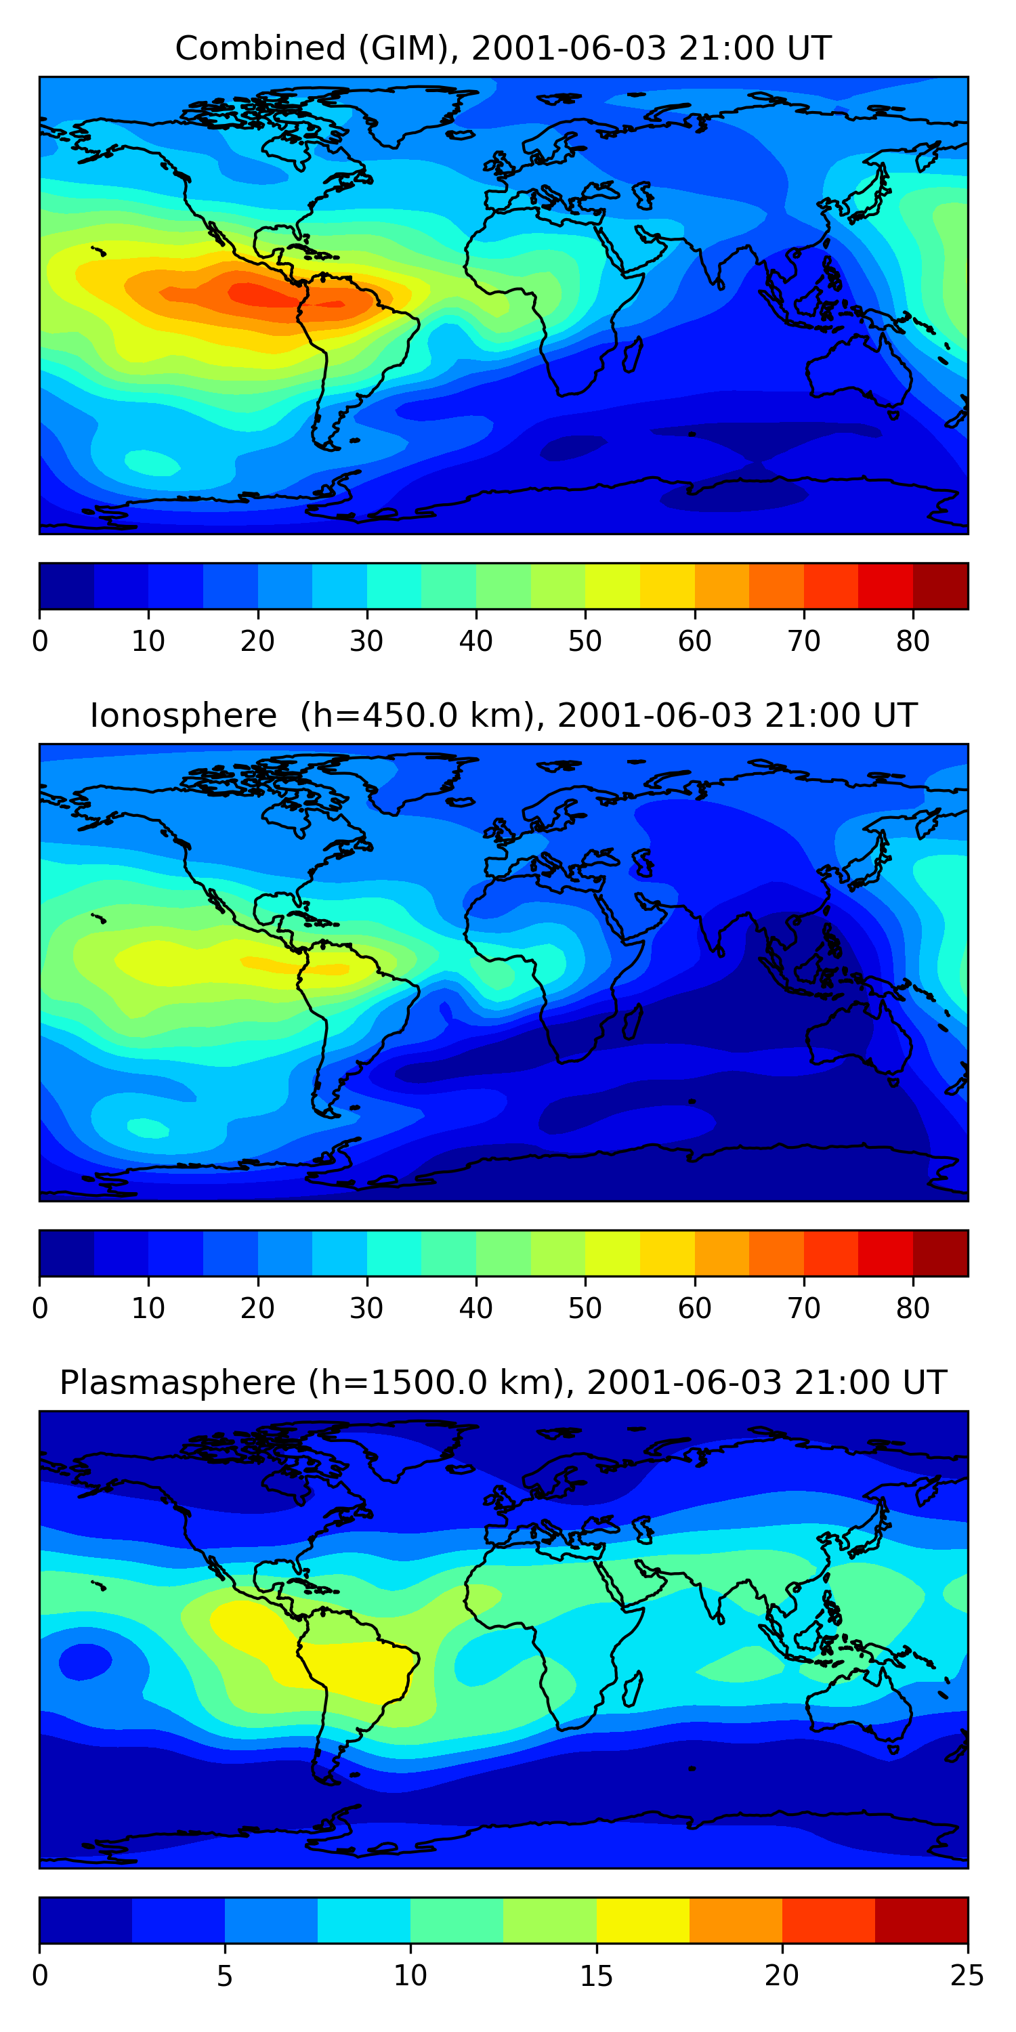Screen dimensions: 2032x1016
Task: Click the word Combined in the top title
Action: [x=260, y=49]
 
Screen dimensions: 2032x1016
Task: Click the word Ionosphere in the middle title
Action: [x=183, y=716]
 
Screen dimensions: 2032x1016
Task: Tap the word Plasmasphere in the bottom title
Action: [x=177, y=1383]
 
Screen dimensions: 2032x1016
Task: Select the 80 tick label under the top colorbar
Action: [x=912, y=641]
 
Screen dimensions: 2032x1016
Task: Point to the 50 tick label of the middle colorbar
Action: [x=585, y=1308]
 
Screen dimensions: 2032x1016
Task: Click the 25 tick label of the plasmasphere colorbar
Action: [x=967, y=1975]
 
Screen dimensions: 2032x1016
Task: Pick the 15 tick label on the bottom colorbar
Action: [x=596, y=1975]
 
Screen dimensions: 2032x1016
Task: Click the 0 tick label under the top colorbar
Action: [x=40, y=641]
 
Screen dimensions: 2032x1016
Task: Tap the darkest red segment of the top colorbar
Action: [x=940, y=586]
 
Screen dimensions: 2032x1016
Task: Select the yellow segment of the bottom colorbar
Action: [x=643, y=1920]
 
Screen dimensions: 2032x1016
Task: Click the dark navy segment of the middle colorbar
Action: [x=67, y=1252]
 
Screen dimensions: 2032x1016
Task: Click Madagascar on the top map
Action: [x=632, y=355]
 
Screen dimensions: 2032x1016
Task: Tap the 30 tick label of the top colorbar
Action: [x=367, y=641]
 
